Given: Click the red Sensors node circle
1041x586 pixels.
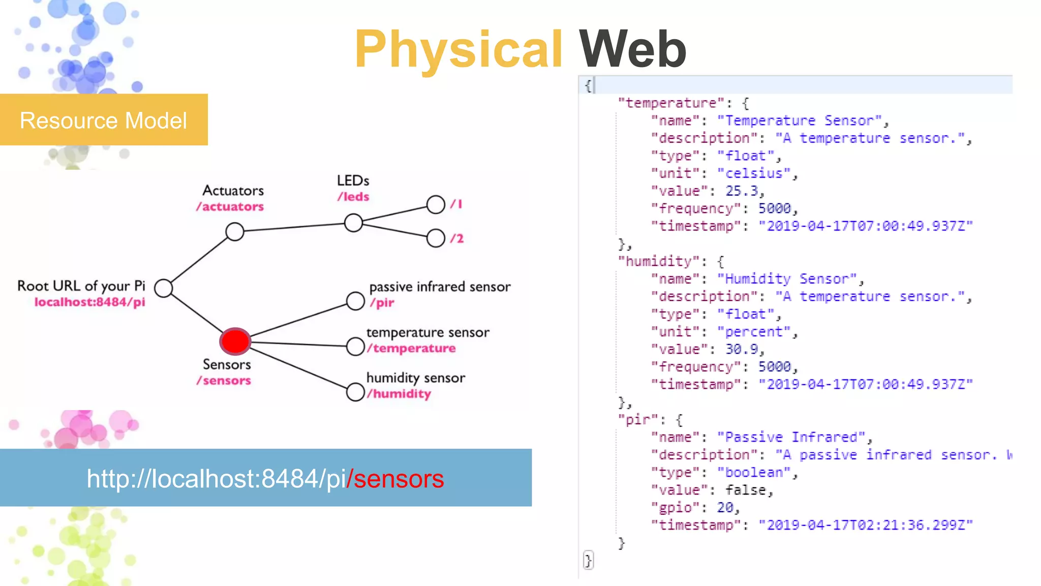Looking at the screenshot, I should pyautogui.click(x=235, y=341).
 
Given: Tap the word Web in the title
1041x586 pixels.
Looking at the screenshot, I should pyautogui.click(x=632, y=49).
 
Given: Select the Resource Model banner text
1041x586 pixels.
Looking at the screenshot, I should pyautogui.click(x=104, y=121).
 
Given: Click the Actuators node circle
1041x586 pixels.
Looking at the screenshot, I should pyautogui.click(x=235, y=232).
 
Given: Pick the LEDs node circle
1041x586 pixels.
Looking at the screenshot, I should pyautogui.click(x=353, y=223).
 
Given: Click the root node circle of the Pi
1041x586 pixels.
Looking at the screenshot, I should pyautogui.click(x=164, y=288).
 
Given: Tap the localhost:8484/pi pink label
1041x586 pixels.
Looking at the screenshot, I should pyautogui.click(x=90, y=302).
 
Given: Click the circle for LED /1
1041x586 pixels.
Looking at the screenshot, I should pyautogui.click(x=436, y=204).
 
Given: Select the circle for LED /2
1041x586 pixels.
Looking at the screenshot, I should pyautogui.click(x=436, y=238).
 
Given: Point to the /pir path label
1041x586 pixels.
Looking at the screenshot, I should pyautogui.click(x=382, y=303).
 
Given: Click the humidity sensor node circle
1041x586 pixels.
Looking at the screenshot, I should pyautogui.click(x=355, y=392).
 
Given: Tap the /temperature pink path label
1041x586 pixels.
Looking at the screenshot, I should pyautogui.click(x=412, y=348).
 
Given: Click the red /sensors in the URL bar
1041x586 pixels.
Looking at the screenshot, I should pyautogui.click(x=395, y=479).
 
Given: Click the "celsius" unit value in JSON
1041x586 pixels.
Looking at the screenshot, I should pyautogui.click(x=754, y=173).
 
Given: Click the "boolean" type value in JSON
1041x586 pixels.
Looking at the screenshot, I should pyautogui.click(x=754, y=473).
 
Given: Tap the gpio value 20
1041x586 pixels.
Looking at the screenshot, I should pyautogui.click(x=725, y=508).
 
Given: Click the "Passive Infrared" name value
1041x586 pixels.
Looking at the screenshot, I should pyautogui.click(x=791, y=437).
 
